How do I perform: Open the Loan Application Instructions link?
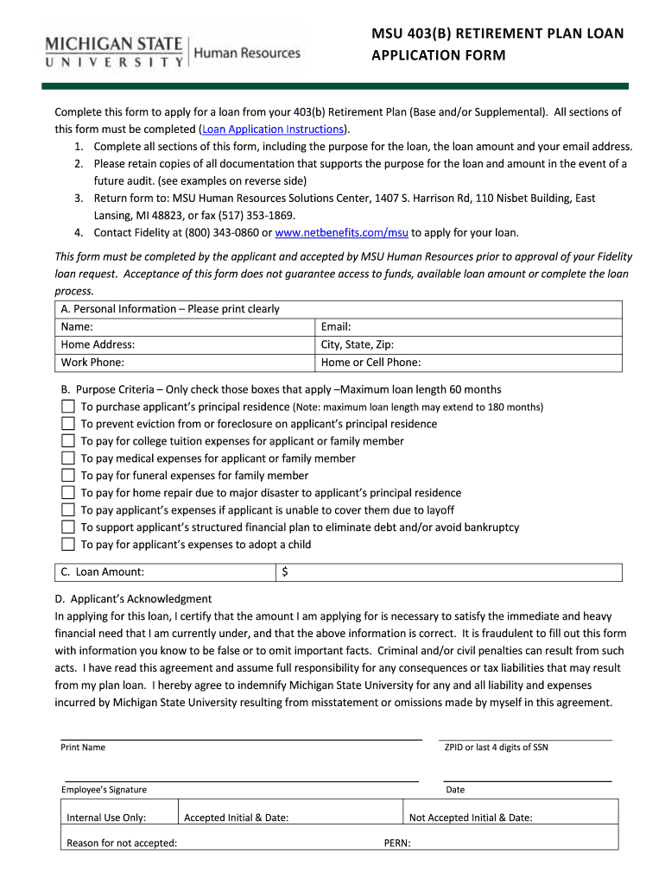tap(273, 129)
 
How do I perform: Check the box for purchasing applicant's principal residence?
tap(68, 407)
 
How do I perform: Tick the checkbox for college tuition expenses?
tap(68, 441)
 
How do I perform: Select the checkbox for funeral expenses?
tap(68, 476)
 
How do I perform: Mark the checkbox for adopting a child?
tap(68, 545)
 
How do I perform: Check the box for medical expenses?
tap(68, 458)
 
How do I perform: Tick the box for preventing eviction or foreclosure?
tap(68, 424)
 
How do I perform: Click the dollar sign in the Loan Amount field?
tap(285, 572)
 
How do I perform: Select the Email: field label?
tap(336, 327)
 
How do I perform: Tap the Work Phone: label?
tap(92, 363)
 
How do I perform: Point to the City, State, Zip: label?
tap(358, 344)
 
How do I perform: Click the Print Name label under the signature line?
tap(83, 748)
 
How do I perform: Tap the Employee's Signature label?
tap(104, 790)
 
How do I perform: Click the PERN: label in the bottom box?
tap(397, 843)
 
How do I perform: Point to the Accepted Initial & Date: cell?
tap(237, 818)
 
